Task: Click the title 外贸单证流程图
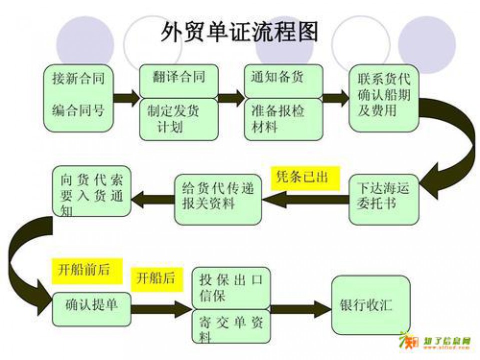coord(239,32)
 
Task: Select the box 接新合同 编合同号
coord(78,97)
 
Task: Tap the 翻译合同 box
coord(178,80)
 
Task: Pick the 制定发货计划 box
coord(178,119)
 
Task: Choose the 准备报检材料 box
coord(283,119)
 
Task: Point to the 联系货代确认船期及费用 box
coord(383,97)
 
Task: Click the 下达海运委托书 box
coord(383,198)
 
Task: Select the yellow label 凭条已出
coord(305,178)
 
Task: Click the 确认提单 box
coord(91,305)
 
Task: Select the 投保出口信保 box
coord(230,287)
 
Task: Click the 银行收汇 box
coord(370,305)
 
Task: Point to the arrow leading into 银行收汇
coord(300,308)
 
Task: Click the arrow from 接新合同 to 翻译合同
coord(126,97)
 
